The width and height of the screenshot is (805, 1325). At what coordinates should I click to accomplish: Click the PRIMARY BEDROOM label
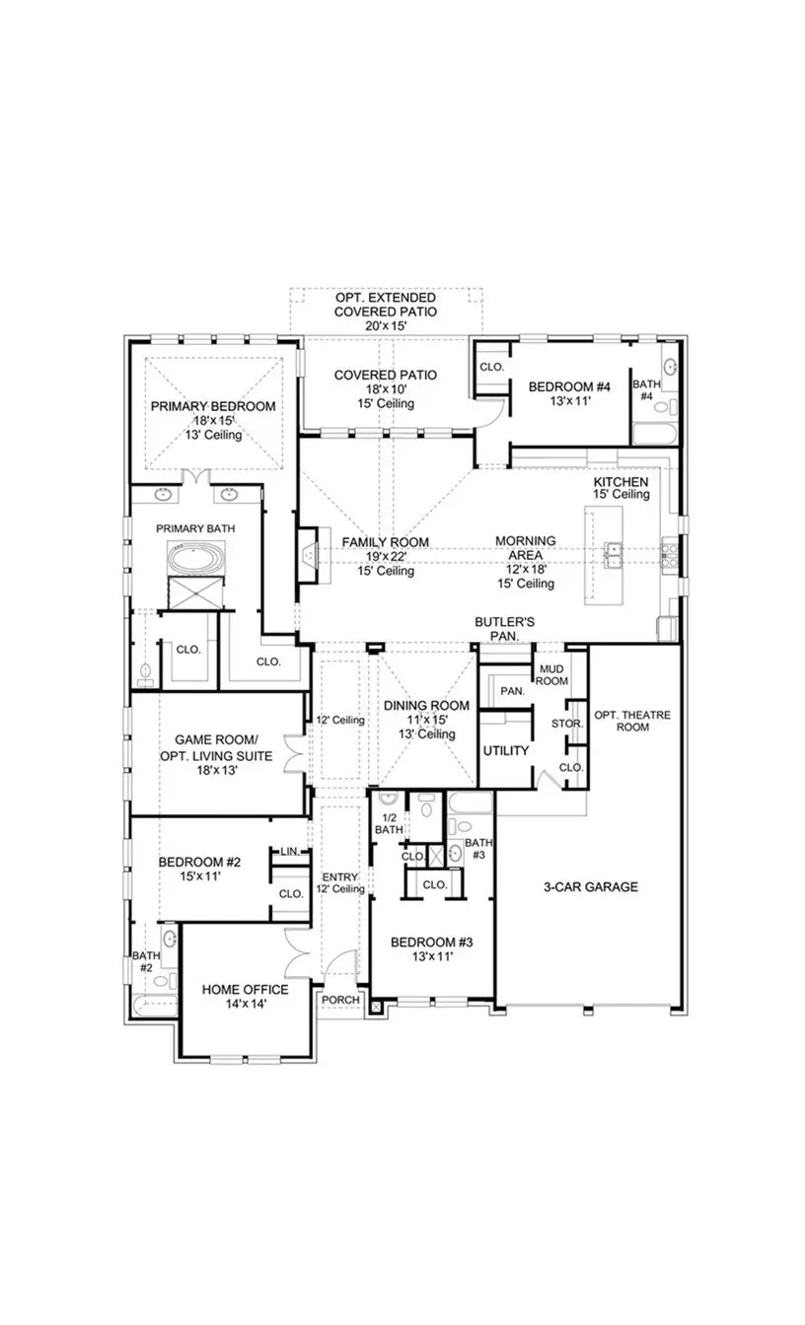tap(212, 406)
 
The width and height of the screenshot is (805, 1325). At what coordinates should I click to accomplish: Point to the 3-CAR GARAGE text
tap(590, 887)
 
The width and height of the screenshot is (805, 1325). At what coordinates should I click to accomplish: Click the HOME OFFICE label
tap(245, 990)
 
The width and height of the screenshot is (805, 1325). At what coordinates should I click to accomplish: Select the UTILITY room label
tap(505, 751)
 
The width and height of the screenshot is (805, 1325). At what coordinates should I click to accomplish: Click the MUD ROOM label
tap(550, 674)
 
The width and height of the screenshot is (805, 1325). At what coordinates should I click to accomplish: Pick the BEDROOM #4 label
tap(569, 387)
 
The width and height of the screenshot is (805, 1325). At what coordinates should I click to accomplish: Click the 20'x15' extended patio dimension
tap(385, 324)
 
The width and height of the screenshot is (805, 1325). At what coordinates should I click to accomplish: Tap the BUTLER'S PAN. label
tap(504, 629)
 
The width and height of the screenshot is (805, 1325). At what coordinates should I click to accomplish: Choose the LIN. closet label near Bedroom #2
tap(290, 851)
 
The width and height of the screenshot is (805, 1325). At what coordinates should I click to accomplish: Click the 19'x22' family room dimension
tap(385, 557)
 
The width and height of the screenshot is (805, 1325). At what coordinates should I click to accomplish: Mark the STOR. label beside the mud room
tap(571, 724)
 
